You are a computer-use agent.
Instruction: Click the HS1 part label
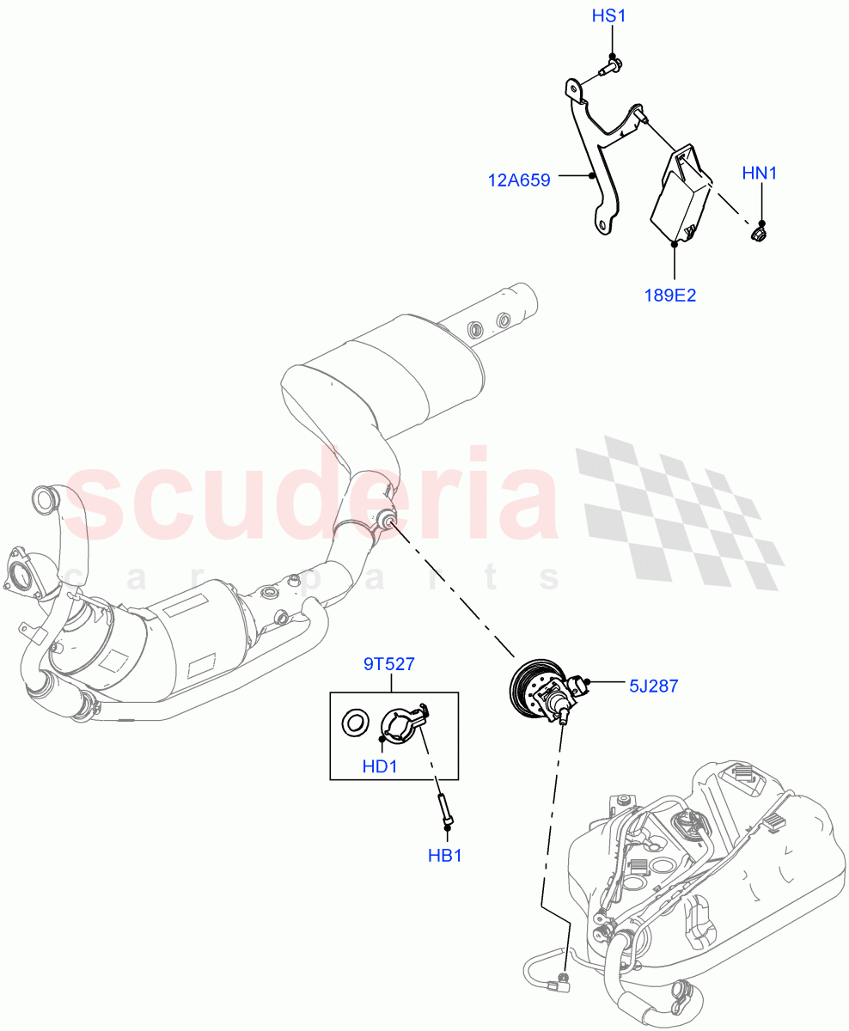pos(612,16)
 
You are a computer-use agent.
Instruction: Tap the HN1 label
pos(759,174)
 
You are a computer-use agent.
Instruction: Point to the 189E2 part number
pos(669,295)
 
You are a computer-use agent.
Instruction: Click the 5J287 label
pos(653,686)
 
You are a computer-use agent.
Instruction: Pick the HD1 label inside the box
pos(379,766)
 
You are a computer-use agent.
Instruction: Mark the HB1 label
pos(444,856)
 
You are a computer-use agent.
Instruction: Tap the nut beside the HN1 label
pos(759,232)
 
